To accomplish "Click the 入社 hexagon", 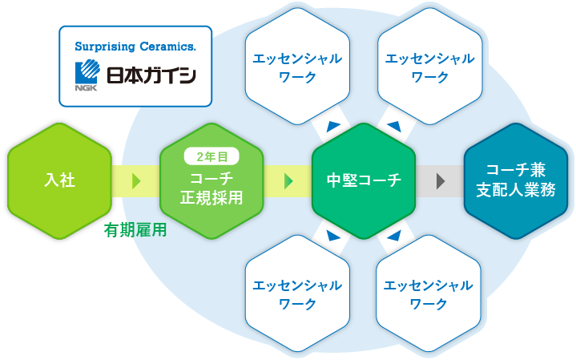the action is tap(59, 181).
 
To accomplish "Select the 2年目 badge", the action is tap(211, 156).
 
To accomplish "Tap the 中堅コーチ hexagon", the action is tap(364, 181).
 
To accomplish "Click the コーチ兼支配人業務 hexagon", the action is tap(516, 181).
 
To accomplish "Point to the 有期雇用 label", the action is tap(135, 231).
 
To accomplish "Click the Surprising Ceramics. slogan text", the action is tap(135, 47).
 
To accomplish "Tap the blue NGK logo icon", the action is tap(87, 75).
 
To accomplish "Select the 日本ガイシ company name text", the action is tap(151, 75).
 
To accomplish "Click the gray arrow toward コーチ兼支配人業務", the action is tap(441, 181).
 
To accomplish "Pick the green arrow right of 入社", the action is tap(136, 181).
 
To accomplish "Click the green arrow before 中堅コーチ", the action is tap(288, 181).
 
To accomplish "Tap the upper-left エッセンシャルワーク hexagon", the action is tap(297, 67).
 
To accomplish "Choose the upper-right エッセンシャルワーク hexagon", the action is tap(429, 67).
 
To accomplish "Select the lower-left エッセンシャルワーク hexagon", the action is tap(297, 293).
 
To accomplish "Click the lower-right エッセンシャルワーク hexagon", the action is tap(429, 293).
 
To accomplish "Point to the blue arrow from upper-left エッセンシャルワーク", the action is tap(332, 126).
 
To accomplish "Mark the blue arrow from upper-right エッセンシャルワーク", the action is tap(394, 126).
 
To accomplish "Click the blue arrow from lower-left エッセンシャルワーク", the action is tap(332, 236).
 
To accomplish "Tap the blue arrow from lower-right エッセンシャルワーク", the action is tap(394, 236).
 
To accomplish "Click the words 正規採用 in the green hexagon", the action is tap(211, 198).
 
